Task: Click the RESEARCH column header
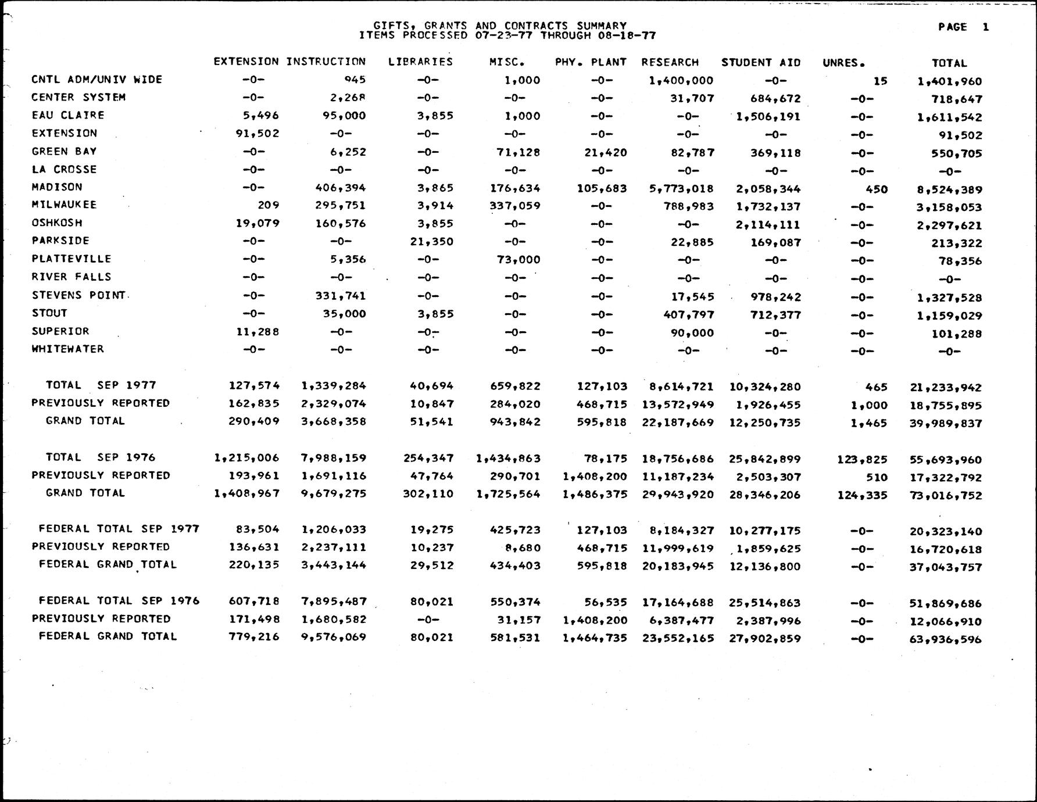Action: click(670, 62)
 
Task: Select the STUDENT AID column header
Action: click(761, 63)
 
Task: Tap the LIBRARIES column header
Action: click(420, 62)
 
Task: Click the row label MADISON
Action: click(57, 187)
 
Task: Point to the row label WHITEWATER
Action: click(67, 349)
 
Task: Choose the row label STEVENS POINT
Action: click(78, 295)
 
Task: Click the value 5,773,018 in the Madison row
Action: click(681, 189)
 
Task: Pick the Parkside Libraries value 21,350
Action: click(431, 242)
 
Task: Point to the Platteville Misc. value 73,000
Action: click(518, 260)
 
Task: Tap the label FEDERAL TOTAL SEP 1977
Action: click(119, 529)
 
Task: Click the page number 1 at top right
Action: click(985, 27)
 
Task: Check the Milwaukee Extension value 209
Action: click(269, 205)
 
